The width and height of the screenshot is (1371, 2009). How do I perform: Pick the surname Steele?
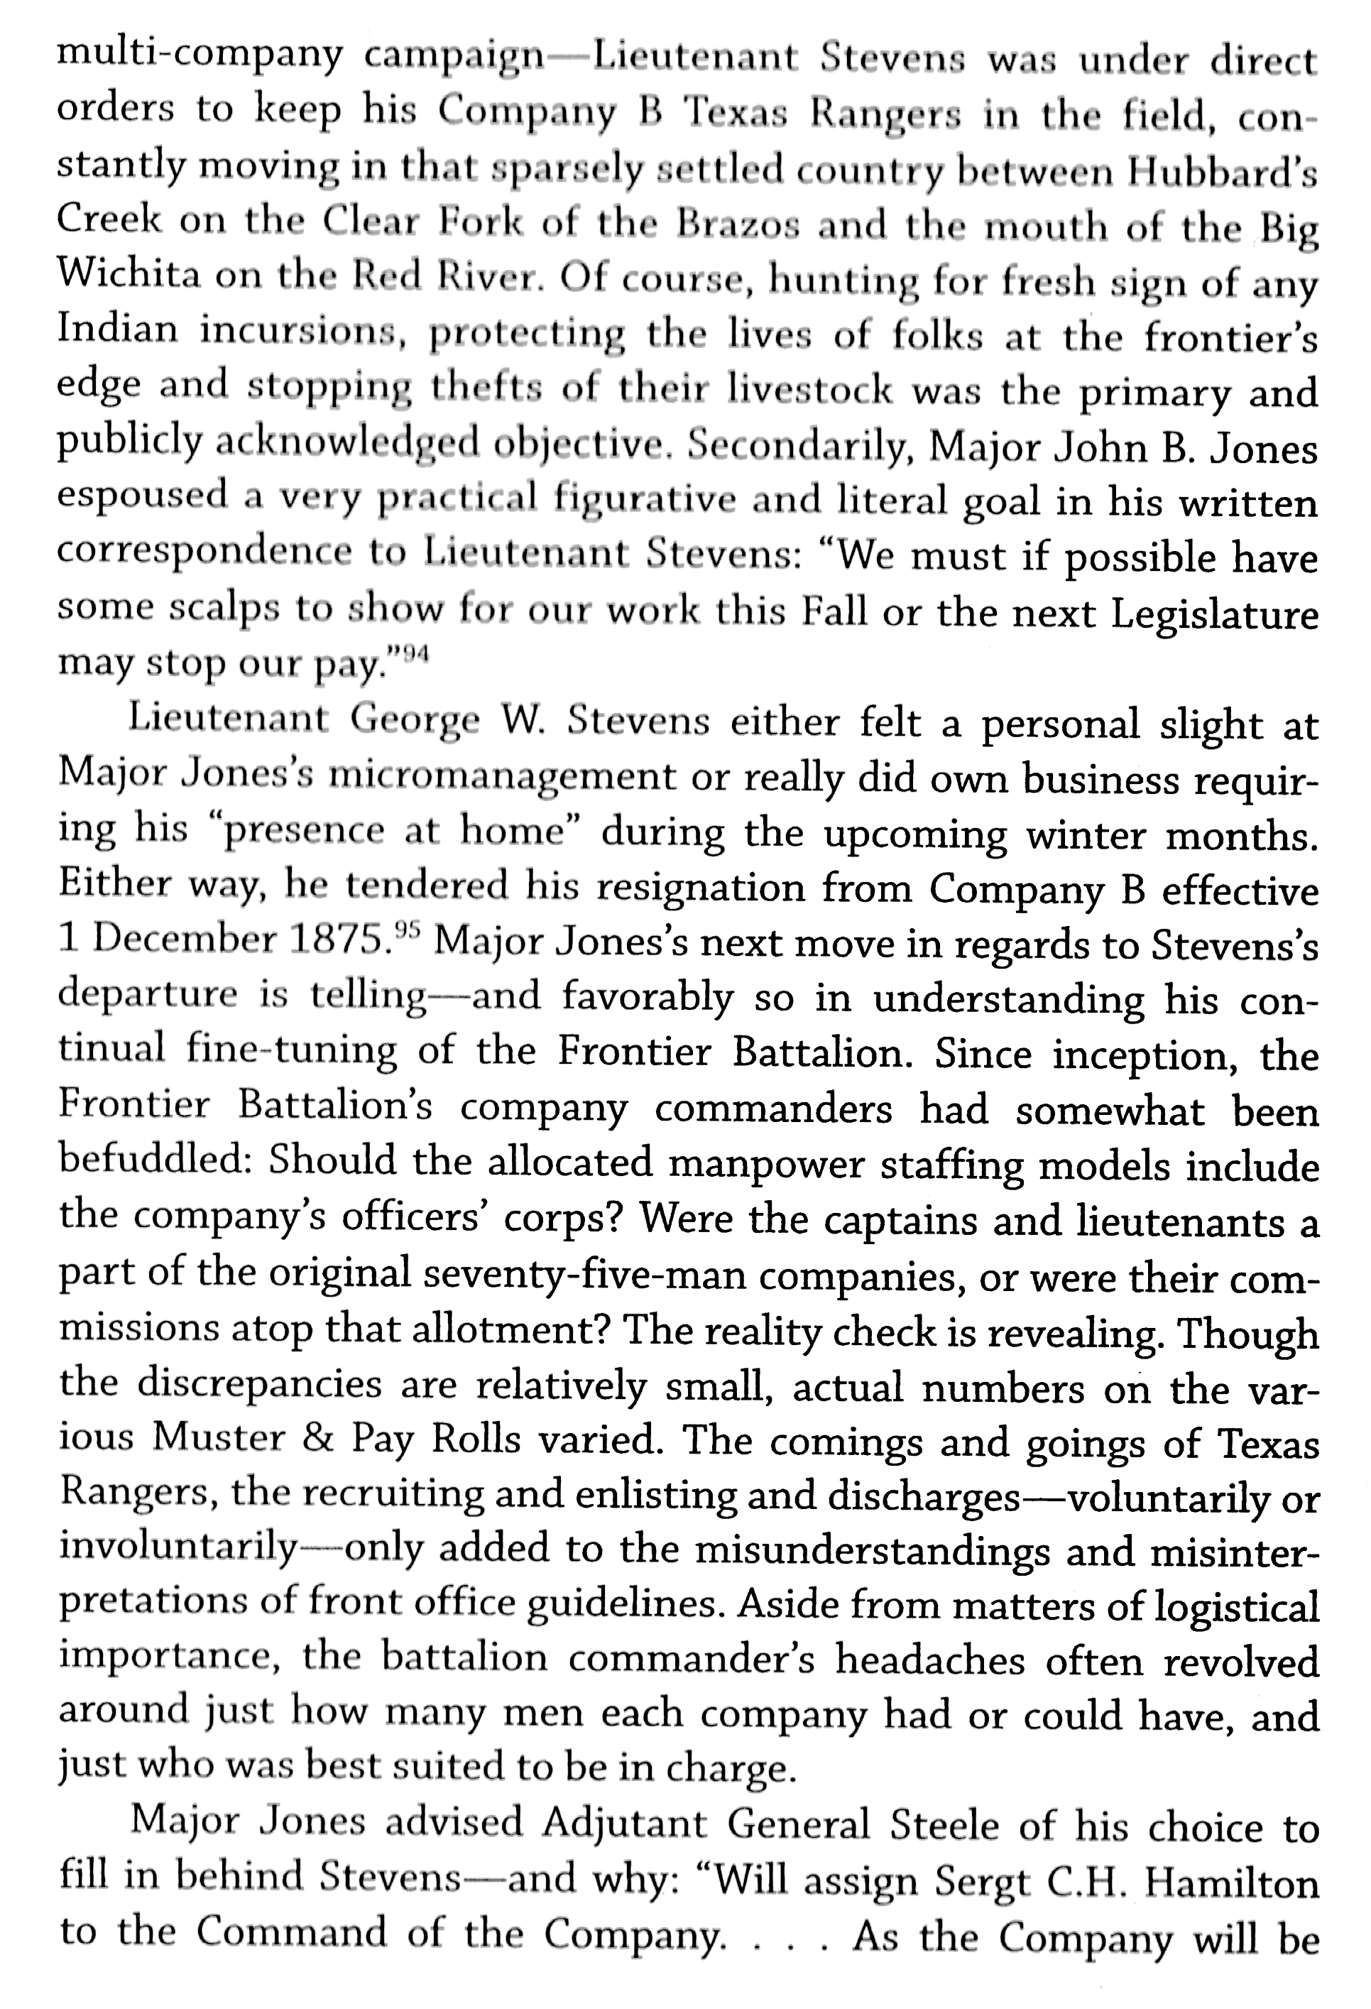coord(947,1826)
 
